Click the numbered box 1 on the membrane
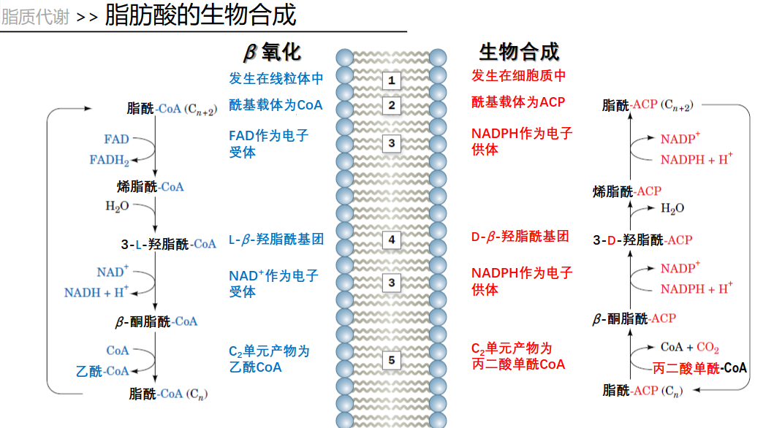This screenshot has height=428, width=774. (x=391, y=80)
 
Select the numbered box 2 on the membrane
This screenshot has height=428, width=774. (x=391, y=106)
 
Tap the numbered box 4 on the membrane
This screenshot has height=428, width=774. (x=391, y=240)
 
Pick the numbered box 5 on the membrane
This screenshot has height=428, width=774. (x=391, y=360)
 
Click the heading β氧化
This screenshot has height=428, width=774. (x=272, y=51)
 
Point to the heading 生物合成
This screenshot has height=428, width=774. (x=519, y=51)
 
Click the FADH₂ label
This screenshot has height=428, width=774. (x=110, y=160)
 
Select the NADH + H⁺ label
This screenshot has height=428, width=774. (x=96, y=292)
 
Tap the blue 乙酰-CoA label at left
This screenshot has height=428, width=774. (x=102, y=371)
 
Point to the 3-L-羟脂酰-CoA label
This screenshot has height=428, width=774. (x=169, y=244)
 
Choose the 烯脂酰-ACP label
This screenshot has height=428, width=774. (x=627, y=191)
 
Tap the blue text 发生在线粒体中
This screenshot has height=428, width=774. (x=276, y=78)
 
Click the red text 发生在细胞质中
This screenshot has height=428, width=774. (x=518, y=75)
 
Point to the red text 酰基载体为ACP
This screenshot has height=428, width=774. (x=518, y=102)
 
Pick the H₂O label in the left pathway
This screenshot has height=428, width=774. (x=117, y=207)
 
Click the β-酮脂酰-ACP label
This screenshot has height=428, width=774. (x=634, y=318)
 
